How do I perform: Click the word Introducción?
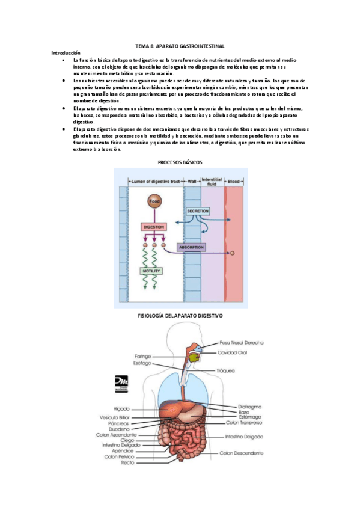(66, 53)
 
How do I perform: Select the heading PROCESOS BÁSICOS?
(180, 163)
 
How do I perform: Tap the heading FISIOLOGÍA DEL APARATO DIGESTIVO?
(180, 315)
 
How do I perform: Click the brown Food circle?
(154, 201)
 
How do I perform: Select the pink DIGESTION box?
(154, 227)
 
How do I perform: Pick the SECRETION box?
(198, 212)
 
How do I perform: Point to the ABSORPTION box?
(191, 247)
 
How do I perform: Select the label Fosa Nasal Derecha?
(242, 342)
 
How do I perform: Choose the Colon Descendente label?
(241, 452)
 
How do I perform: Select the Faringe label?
(143, 356)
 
